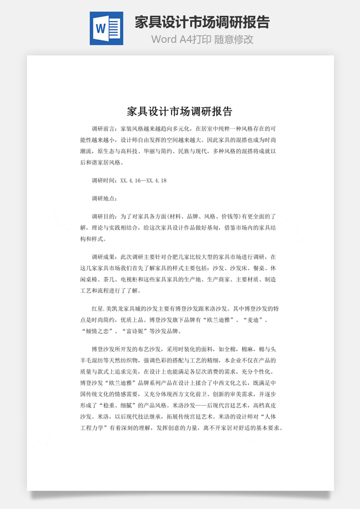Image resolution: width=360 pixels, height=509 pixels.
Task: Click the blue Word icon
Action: [106, 28]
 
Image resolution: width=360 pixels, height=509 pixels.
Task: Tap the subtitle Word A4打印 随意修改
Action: [202, 39]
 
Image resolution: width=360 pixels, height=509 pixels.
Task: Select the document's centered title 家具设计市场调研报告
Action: [180, 112]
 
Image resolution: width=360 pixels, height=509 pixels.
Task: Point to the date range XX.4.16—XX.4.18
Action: [143, 181]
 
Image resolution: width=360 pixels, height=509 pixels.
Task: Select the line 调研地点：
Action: [105, 198]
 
